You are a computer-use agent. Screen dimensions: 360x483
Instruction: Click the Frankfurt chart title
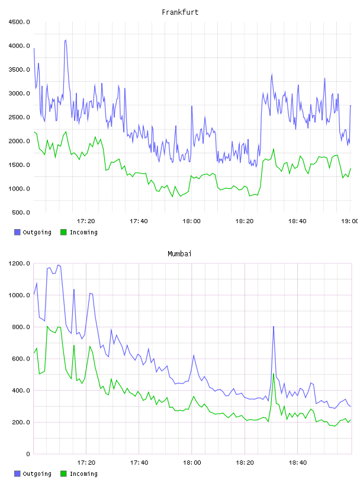click(180, 12)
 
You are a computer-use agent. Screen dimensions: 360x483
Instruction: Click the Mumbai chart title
click(179, 254)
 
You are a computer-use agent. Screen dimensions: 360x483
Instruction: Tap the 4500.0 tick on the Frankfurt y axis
click(20, 22)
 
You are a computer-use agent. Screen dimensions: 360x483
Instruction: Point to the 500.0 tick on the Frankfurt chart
click(21, 212)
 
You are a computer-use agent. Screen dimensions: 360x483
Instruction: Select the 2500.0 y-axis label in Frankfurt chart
click(20, 117)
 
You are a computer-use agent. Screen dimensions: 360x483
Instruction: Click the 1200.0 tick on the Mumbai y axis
click(20, 263)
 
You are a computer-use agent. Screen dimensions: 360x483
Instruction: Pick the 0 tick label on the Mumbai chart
click(28, 454)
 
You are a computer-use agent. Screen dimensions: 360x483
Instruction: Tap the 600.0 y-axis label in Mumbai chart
click(21, 359)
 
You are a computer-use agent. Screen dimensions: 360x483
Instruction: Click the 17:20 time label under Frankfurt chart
click(86, 221)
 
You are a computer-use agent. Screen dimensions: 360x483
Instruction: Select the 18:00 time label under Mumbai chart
click(192, 462)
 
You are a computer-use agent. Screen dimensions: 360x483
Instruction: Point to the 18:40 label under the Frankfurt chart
click(297, 221)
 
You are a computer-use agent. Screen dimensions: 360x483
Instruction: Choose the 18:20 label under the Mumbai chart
click(245, 462)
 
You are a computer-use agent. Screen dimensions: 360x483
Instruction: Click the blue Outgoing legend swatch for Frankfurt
click(17, 232)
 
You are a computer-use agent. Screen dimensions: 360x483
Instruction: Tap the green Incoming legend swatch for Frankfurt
click(63, 232)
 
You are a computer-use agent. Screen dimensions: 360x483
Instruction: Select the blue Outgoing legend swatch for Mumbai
click(17, 474)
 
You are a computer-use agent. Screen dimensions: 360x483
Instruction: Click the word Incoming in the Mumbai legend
click(83, 474)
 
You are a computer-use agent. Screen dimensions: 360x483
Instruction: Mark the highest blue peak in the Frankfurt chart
click(65, 40)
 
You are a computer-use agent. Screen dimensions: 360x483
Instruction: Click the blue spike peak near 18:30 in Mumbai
click(274, 327)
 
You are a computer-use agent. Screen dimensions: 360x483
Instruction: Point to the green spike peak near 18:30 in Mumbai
click(274, 374)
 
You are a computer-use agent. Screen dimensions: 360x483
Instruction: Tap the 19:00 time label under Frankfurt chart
click(350, 221)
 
